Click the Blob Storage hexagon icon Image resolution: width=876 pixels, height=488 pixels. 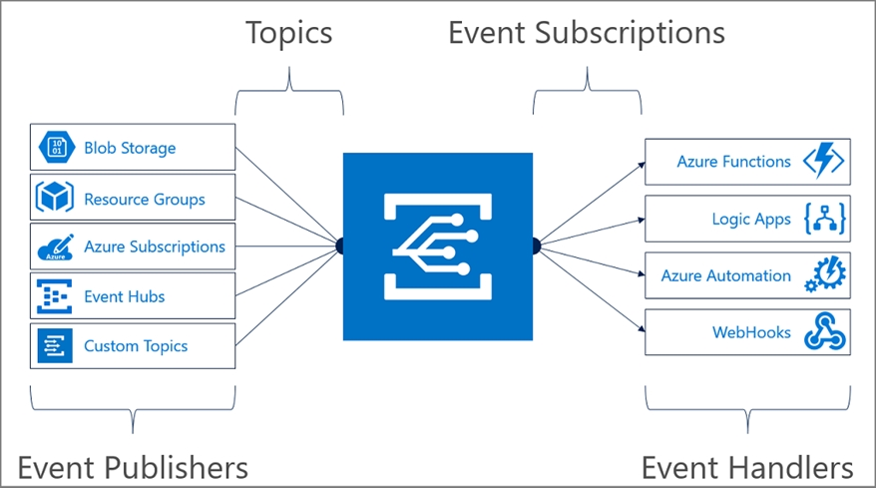(x=55, y=148)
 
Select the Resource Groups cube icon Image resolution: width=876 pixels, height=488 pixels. (x=55, y=198)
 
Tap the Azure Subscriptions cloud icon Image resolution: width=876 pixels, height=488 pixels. (x=55, y=246)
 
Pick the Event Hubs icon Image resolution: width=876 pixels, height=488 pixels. (x=55, y=296)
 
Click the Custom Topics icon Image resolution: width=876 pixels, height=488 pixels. (x=55, y=346)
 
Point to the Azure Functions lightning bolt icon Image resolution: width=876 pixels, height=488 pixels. (x=823, y=161)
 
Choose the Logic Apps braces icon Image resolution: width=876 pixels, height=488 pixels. (x=823, y=219)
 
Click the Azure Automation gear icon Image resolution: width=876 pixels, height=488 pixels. (x=823, y=275)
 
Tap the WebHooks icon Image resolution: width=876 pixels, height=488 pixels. (x=823, y=332)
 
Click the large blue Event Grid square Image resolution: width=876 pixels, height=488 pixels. (x=438, y=245)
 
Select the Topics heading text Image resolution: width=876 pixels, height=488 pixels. (x=289, y=32)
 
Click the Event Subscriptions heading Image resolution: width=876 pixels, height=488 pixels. (x=586, y=32)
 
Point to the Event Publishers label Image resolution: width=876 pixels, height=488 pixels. (x=133, y=466)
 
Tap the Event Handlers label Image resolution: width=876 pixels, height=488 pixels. (x=747, y=466)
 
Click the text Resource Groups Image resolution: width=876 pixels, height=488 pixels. (x=145, y=199)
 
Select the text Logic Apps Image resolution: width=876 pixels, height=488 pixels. (x=751, y=219)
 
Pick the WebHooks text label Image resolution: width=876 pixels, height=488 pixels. (x=751, y=332)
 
